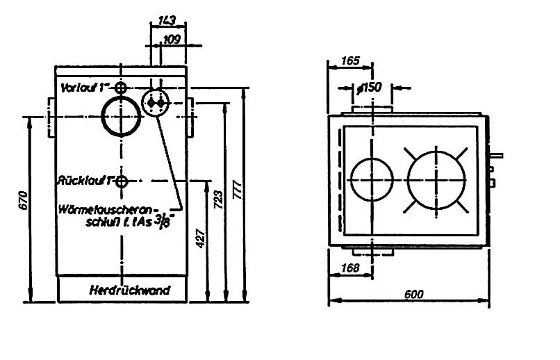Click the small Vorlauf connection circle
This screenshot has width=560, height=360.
122,88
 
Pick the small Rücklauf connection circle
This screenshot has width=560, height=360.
122,181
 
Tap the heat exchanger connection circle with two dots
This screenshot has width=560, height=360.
156,104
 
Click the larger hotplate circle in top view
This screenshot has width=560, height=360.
437,177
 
